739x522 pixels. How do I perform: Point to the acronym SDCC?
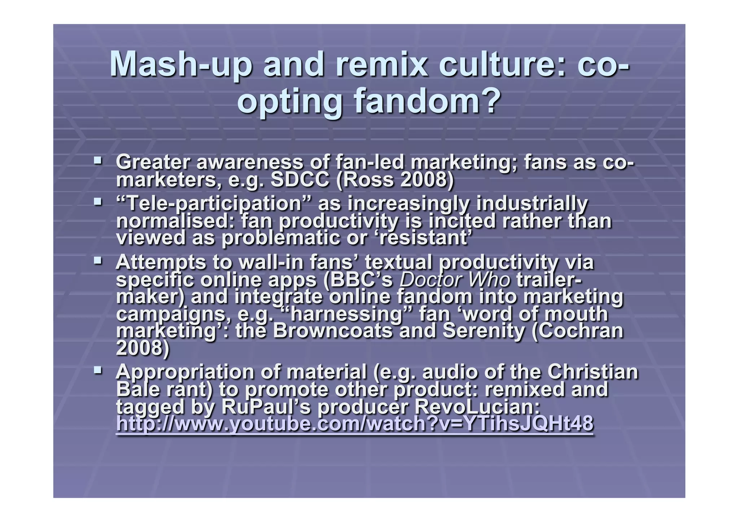point(300,180)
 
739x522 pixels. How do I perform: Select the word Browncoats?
point(332,331)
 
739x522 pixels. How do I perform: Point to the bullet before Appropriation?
point(97,370)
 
